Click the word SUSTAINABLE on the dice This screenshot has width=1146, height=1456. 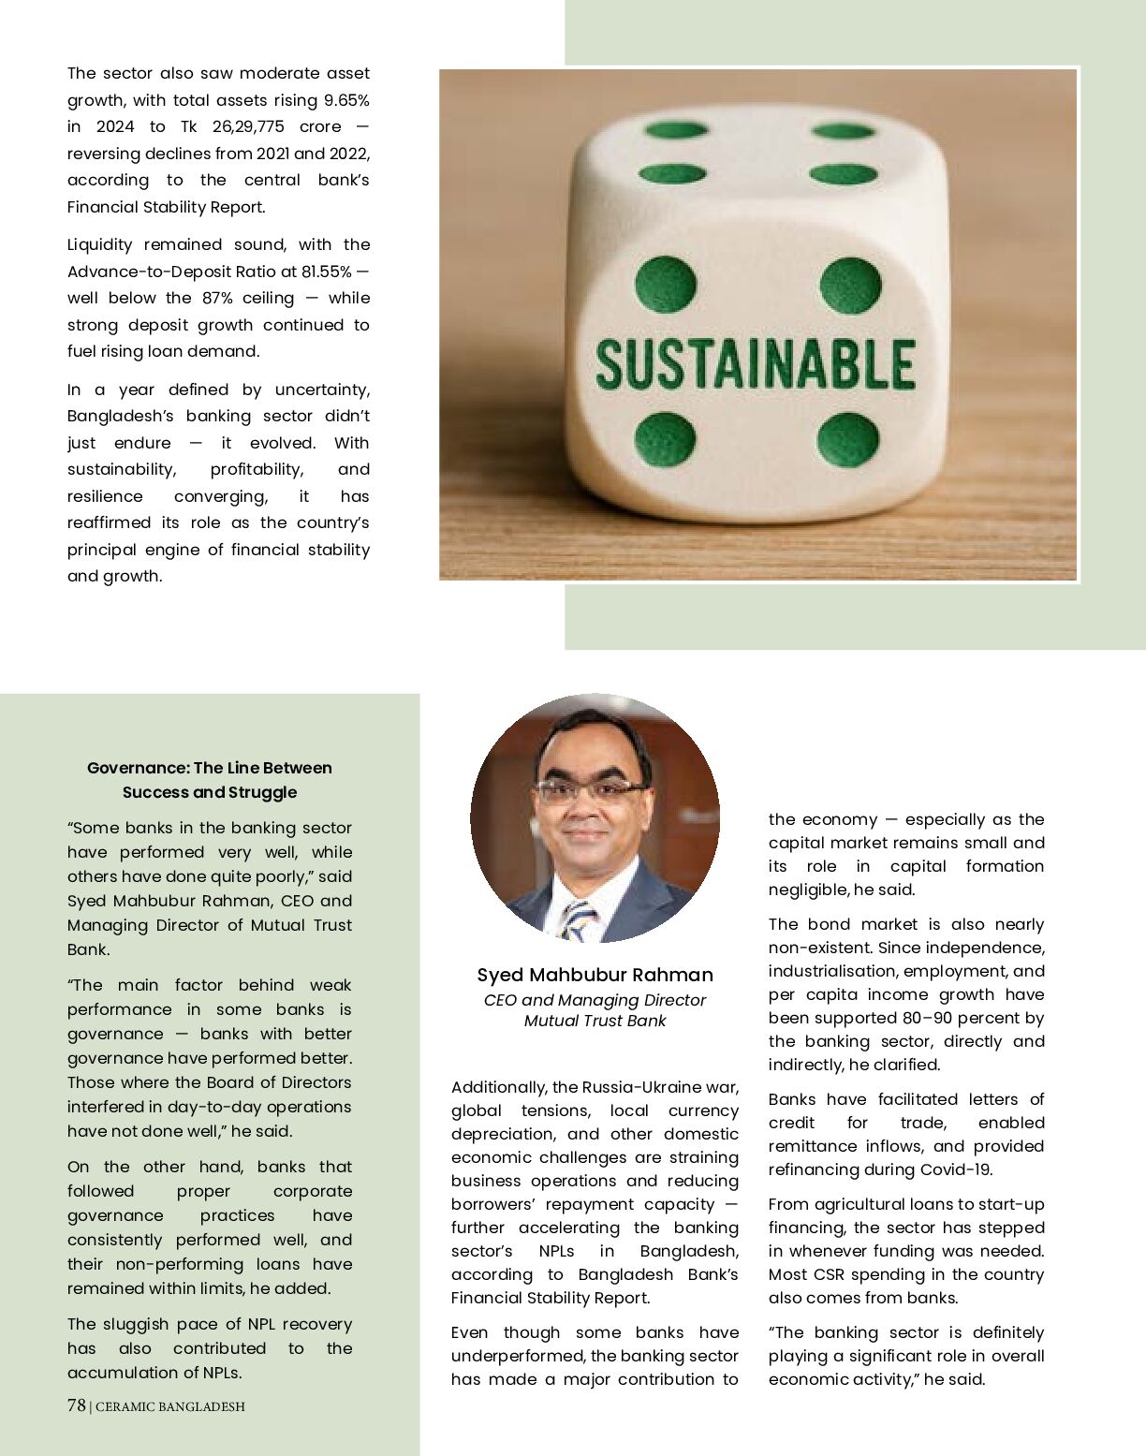(x=755, y=364)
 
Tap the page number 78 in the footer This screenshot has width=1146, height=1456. (x=77, y=1405)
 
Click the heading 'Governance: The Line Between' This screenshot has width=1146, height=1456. (x=209, y=768)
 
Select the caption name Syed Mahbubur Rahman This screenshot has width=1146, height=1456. (x=595, y=975)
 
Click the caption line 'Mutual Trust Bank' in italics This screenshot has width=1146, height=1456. (x=595, y=1021)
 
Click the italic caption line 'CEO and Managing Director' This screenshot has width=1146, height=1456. (x=595, y=1000)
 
